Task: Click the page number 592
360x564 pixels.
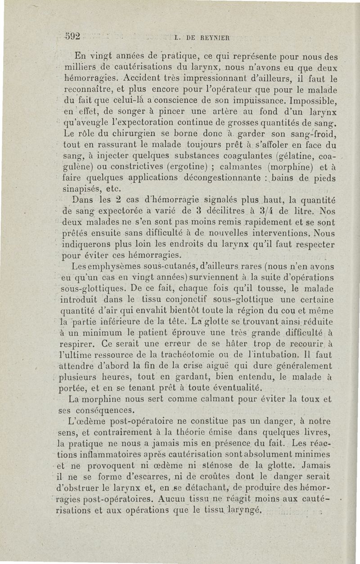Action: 72,36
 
